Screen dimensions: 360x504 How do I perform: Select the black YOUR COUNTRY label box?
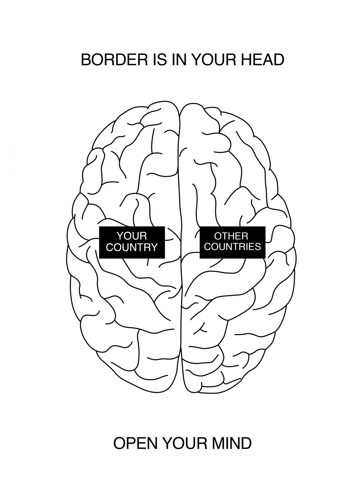(132, 242)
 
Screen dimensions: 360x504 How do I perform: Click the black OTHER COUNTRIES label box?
(233, 242)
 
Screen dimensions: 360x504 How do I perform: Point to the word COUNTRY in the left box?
(132, 247)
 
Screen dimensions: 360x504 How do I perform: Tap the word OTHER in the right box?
(231, 236)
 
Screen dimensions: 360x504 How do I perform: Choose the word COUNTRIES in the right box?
(233, 247)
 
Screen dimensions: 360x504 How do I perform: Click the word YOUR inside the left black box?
(132, 236)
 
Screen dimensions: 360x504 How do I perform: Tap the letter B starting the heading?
(86, 60)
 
